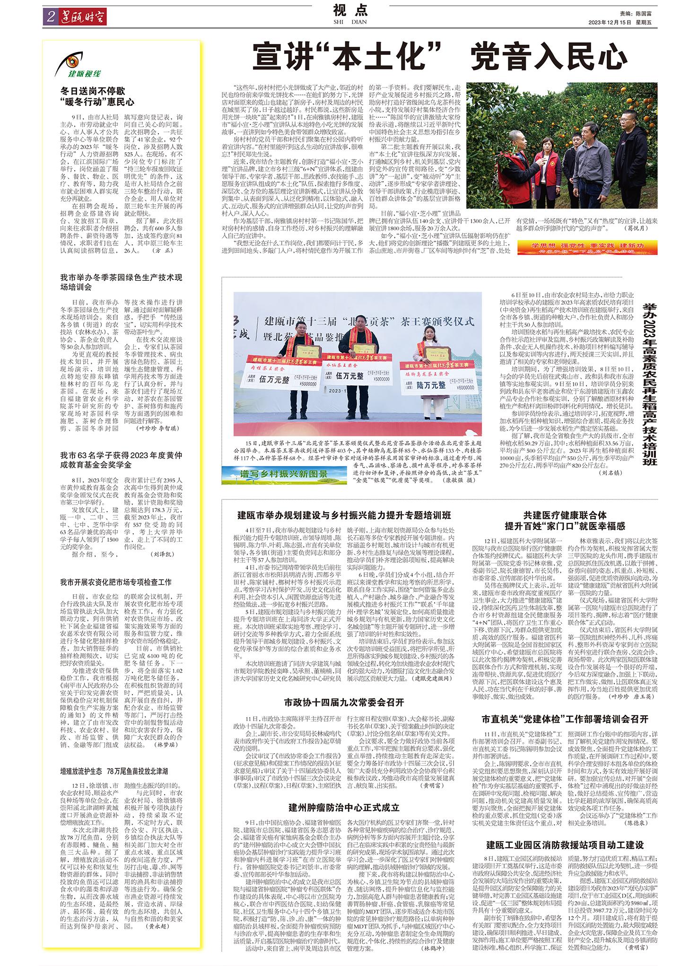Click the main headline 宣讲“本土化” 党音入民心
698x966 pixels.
tap(440, 57)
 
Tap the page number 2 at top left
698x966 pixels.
tap(51, 17)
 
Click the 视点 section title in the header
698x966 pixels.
tap(350, 10)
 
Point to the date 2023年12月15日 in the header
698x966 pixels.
tap(610, 22)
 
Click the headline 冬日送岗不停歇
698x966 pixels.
tap(93, 91)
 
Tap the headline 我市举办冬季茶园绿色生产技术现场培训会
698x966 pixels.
tap(121, 282)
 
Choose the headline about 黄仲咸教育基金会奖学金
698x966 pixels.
tap(121, 460)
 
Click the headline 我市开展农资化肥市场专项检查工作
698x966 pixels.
tap(115, 582)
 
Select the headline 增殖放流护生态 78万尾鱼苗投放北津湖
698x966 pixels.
tap(113, 771)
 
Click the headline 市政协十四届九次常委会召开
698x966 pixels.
tap(344, 702)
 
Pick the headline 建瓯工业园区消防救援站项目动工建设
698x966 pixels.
tap(565, 845)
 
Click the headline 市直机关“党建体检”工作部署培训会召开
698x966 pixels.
tap(565, 719)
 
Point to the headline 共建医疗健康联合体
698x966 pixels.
tap(565, 515)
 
